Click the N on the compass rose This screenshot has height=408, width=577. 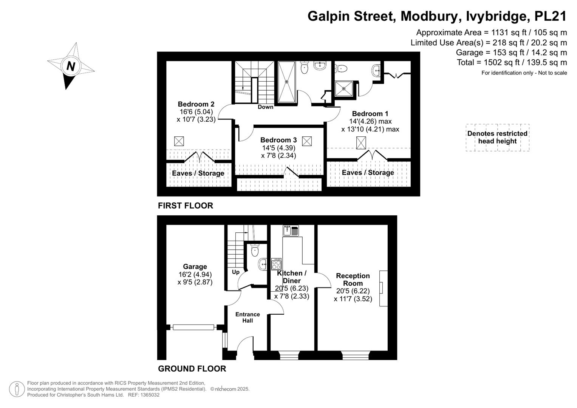(x=71, y=66)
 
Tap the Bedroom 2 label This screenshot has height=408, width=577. (x=196, y=104)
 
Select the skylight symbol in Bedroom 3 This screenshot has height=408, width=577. (x=307, y=141)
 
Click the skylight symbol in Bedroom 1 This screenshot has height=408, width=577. (x=361, y=142)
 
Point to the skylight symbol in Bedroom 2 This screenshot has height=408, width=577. (x=179, y=141)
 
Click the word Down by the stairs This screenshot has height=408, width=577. (x=265, y=107)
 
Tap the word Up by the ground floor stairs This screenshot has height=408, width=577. (x=236, y=272)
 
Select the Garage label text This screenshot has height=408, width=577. (x=195, y=266)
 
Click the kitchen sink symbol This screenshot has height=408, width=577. (x=291, y=230)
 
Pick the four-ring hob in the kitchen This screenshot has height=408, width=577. (x=276, y=264)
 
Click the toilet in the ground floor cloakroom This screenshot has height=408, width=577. (x=255, y=250)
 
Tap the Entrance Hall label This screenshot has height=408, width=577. (x=248, y=317)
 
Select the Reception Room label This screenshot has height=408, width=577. (x=353, y=280)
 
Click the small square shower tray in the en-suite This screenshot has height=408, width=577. (x=344, y=89)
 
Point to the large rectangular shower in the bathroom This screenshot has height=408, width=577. (x=287, y=82)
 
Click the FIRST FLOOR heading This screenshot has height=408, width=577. (x=186, y=206)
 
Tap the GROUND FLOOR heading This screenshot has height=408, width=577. (x=192, y=369)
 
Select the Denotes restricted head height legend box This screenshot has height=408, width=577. (x=497, y=137)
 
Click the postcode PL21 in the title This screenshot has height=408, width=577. (x=551, y=16)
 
